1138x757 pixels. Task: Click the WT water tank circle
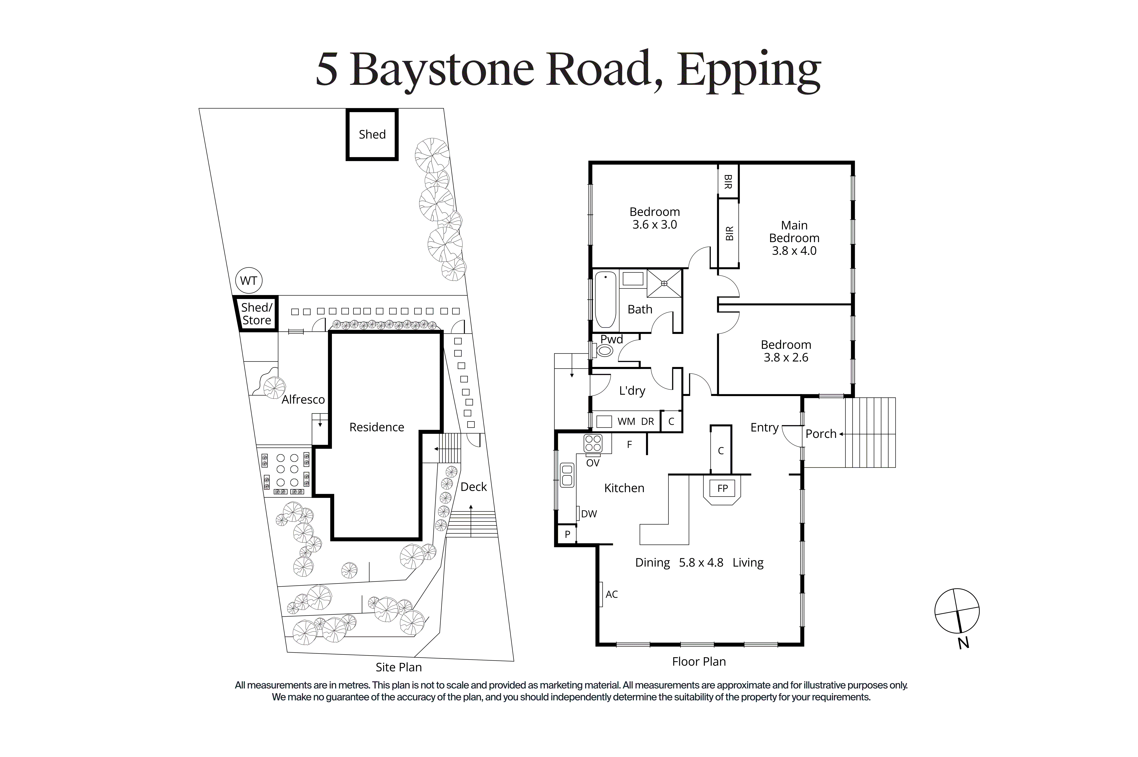248,280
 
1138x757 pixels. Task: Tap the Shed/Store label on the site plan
257,314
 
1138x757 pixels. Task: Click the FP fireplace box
722,488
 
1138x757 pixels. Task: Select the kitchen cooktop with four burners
593,443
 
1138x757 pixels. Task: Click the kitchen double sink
567,475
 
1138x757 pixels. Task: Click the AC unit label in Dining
611,594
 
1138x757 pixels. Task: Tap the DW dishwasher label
589,514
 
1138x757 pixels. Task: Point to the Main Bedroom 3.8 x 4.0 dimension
794,251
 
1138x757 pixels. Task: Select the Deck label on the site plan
473,487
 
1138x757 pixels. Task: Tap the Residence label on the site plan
376,427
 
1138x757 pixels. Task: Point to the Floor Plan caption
699,661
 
